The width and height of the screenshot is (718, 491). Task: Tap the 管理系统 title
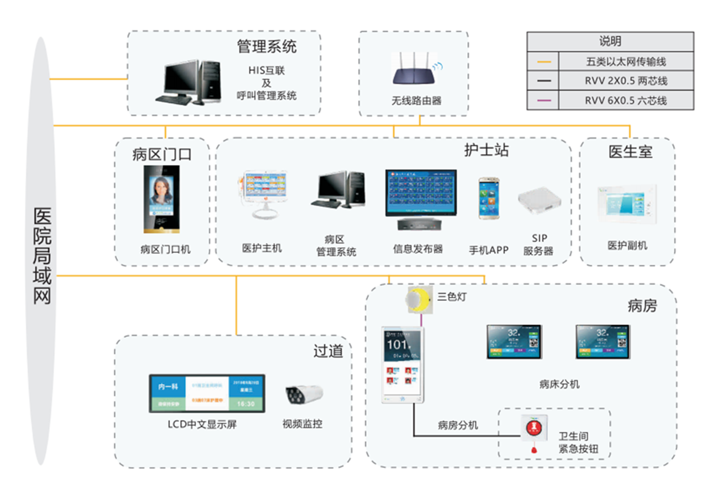tap(266, 47)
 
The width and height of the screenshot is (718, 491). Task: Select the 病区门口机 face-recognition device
tap(162, 199)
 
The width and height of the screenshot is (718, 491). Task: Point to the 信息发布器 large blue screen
tap(420, 193)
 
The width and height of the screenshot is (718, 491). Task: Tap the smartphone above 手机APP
tap(489, 198)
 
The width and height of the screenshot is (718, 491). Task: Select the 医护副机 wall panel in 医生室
tap(627, 204)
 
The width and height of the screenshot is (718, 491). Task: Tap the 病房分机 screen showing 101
tap(402, 365)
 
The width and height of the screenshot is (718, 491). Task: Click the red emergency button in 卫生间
tap(534, 428)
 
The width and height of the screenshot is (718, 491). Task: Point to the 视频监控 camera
tap(304, 395)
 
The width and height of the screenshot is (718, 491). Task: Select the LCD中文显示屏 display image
tap(207, 393)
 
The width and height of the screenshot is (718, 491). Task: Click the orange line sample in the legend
tap(544, 62)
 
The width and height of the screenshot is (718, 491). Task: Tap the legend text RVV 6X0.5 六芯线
tap(625, 100)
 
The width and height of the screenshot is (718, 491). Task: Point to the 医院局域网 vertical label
tap(42, 255)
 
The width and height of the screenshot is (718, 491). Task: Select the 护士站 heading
tap(486, 150)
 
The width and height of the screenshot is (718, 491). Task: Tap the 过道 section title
tap(328, 351)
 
